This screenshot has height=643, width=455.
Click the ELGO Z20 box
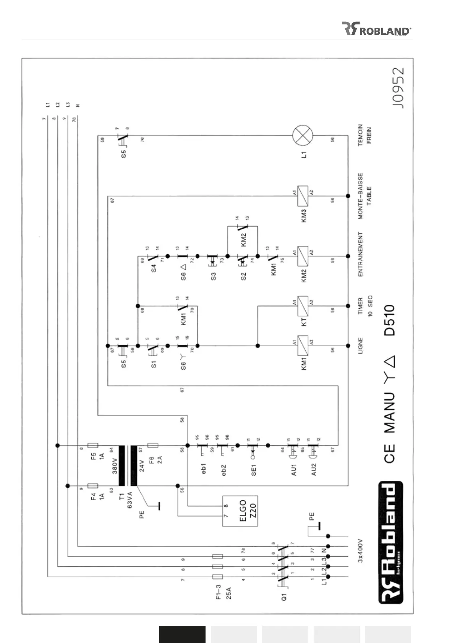240,511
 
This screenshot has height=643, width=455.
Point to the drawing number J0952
398,89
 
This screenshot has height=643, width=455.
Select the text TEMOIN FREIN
364,135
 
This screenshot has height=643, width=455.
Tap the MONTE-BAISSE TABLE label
364,196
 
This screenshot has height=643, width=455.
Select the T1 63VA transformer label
126,496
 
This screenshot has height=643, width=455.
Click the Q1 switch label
284,596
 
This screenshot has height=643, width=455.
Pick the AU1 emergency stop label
293,469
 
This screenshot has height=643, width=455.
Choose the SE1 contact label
253,470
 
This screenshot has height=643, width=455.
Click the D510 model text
389,320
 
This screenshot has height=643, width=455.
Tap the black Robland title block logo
390,543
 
